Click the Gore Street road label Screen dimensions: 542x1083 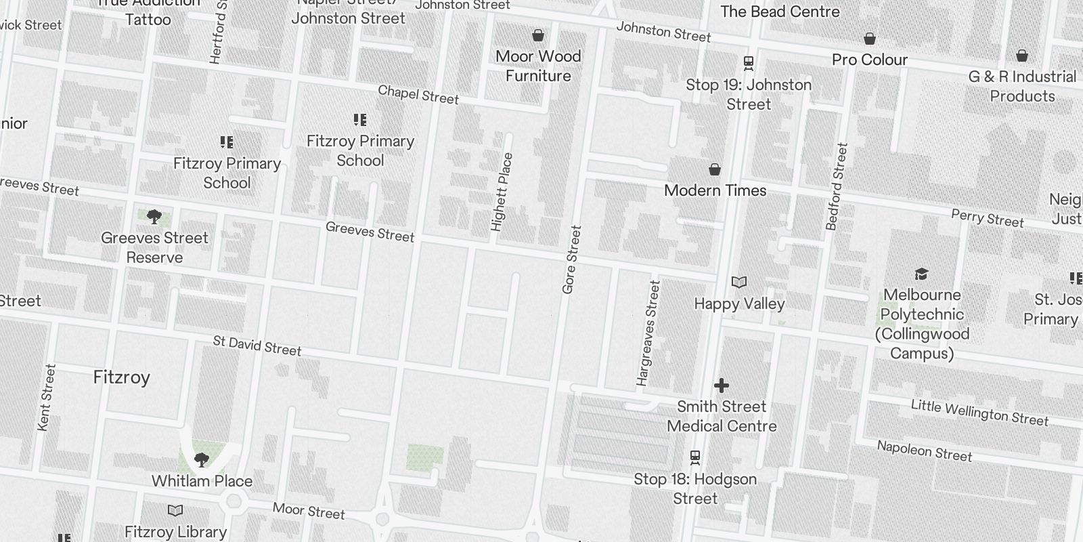pos(572,259)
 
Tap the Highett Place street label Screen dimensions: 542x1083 pos(502,192)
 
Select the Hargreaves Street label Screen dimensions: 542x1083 pos(648,333)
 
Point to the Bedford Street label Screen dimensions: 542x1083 pos(837,186)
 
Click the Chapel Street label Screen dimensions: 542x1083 pos(418,95)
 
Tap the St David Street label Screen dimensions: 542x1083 pos(257,346)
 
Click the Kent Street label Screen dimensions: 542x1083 pos(47,398)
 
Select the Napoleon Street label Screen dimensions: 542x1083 pos(925,451)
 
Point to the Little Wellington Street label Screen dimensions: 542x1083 pos(979,413)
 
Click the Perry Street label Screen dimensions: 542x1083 pos(987,218)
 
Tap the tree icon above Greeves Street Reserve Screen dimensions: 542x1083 pos(154,217)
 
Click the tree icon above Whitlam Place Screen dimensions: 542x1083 pos(201,461)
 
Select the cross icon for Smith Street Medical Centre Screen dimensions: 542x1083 pos(722,385)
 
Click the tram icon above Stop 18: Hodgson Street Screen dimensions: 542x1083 pos(695,458)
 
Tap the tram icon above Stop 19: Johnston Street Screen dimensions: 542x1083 pos(749,64)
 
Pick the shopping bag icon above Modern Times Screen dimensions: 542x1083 pos(715,169)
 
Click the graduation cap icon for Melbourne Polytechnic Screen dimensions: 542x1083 pos(921,274)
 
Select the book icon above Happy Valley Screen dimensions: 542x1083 pos(739,282)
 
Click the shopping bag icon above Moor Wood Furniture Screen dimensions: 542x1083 pos(538,35)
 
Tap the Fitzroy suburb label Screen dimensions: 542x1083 pos(122,377)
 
